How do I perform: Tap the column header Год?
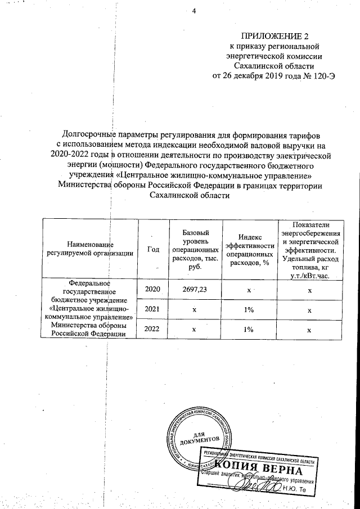click(x=152, y=249)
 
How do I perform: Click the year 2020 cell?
click(x=153, y=289)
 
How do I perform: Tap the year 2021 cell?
click(x=153, y=309)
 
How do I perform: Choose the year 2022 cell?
click(x=153, y=330)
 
